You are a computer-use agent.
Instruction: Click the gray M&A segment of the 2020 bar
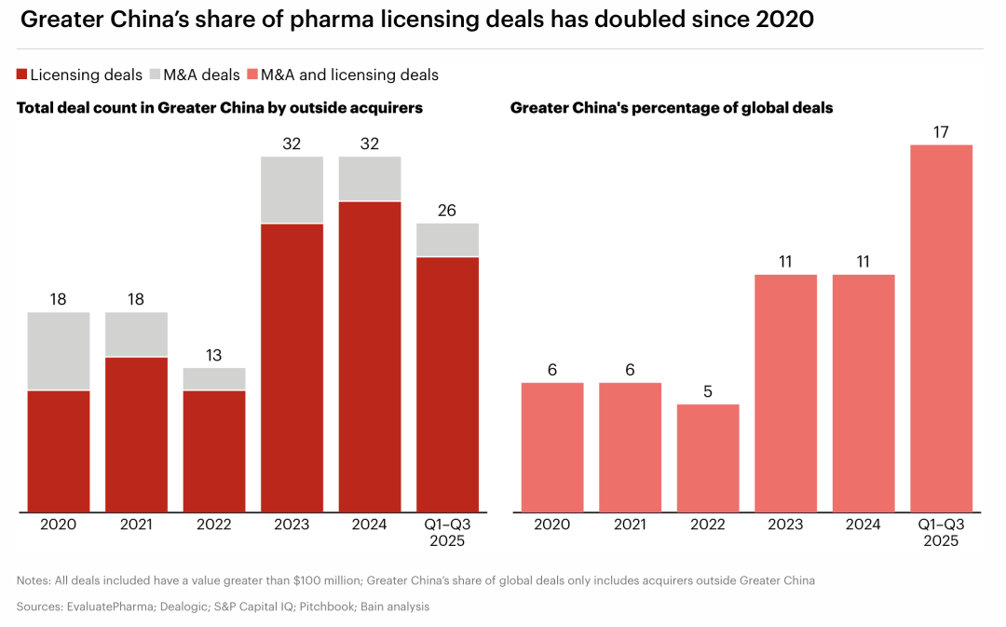click(x=59, y=350)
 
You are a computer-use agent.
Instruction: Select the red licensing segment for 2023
click(x=292, y=367)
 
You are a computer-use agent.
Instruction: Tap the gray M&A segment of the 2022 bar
click(x=214, y=378)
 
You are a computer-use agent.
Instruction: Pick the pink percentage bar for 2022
click(x=708, y=457)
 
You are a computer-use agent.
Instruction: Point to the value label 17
click(x=941, y=131)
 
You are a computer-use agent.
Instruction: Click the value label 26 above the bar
click(x=447, y=211)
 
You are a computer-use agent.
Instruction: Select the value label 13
click(x=214, y=355)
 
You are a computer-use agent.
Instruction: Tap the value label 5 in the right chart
click(x=708, y=391)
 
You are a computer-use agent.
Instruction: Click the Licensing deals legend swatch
click(x=22, y=75)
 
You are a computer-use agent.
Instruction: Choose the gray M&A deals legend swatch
click(x=156, y=75)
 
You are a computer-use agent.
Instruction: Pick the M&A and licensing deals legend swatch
click(x=251, y=75)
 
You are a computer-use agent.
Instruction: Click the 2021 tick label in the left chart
click(x=136, y=525)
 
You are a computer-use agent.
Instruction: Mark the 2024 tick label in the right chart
click(x=863, y=525)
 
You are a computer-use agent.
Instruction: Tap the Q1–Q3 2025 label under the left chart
click(x=447, y=532)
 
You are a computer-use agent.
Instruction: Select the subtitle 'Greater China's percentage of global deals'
click(x=672, y=108)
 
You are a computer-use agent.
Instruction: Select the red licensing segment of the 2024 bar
click(x=370, y=356)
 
